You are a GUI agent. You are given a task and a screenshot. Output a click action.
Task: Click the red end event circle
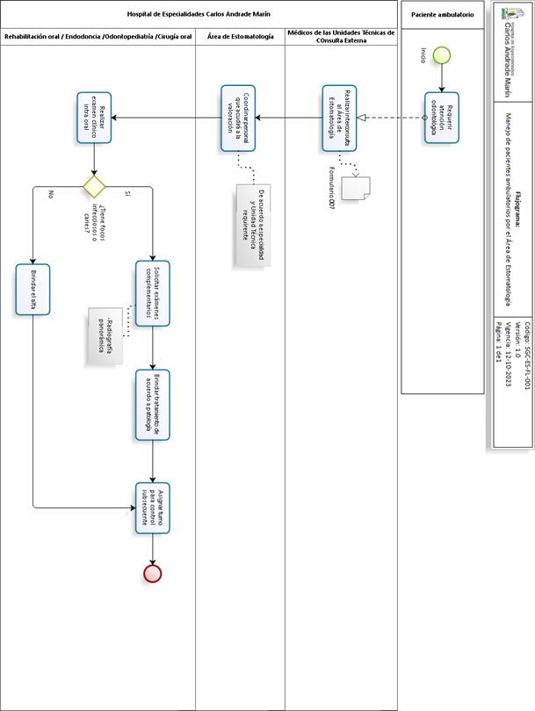[153, 573]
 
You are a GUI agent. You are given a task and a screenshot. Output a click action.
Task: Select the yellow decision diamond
[94, 186]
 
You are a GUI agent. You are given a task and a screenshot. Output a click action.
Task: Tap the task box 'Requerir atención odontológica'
[442, 118]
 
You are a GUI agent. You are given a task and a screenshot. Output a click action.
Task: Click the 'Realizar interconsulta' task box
[340, 118]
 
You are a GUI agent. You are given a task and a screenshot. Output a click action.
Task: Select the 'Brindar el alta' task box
[34, 289]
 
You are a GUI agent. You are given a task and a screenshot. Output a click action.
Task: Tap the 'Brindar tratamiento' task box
[153, 404]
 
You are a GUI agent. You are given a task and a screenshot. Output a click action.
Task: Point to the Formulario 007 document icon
[358, 188]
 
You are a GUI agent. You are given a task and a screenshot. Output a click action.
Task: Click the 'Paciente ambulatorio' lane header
[442, 15]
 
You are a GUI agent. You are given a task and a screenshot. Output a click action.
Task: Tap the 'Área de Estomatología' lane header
[239, 36]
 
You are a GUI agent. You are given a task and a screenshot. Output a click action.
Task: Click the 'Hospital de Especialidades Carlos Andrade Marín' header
[199, 15]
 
